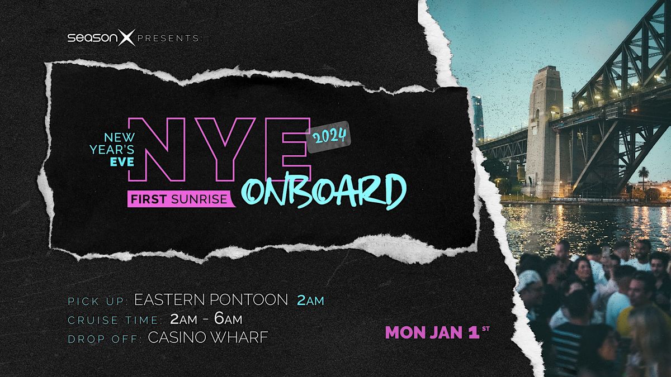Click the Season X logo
(x=101, y=39)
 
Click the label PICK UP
(x=97, y=302)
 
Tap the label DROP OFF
(x=104, y=338)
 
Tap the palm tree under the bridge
(x=644, y=174)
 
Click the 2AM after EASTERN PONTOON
(x=310, y=300)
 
